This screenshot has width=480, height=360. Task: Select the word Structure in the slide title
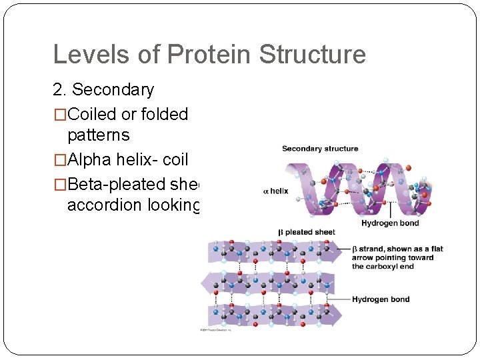[312, 55]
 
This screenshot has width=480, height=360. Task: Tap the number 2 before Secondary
[58, 89]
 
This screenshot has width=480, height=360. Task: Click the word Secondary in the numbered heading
[113, 89]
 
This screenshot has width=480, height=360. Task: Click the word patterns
[98, 135]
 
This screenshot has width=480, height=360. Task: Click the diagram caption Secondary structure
[320, 149]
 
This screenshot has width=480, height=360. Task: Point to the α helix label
[276, 191]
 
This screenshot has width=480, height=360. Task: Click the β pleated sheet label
[307, 232]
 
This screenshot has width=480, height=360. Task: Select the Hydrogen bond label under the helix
[390, 223]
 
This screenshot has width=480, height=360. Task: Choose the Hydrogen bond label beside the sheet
[381, 299]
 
